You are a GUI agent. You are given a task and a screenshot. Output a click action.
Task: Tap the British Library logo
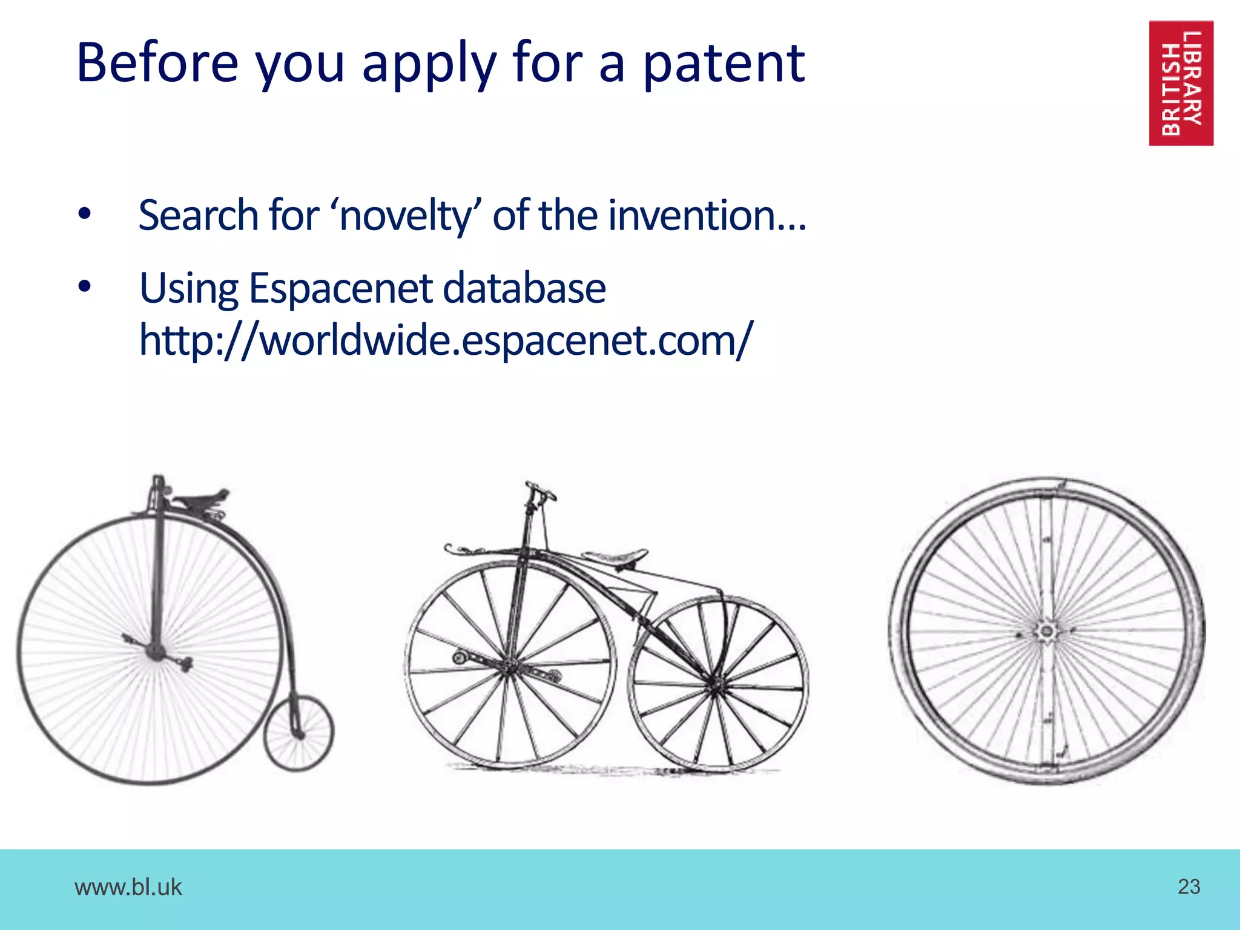click(1181, 83)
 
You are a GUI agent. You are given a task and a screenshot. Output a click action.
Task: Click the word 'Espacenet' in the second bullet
click(341, 288)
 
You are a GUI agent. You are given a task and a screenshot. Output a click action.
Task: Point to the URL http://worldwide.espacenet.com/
click(446, 340)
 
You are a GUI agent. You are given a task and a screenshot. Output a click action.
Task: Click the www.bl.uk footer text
click(128, 887)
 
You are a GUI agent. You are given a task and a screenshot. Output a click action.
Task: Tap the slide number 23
click(1189, 886)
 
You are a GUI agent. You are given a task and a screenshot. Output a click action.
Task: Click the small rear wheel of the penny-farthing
click(298, 733)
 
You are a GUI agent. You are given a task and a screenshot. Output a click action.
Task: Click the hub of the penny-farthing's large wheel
click(156, 651)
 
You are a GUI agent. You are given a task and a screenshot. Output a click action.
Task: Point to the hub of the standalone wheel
click(1046, 632)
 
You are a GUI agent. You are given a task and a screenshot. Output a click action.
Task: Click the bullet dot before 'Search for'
click(84, 214)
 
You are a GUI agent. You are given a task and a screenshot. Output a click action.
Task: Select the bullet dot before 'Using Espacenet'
click(84, 287)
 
